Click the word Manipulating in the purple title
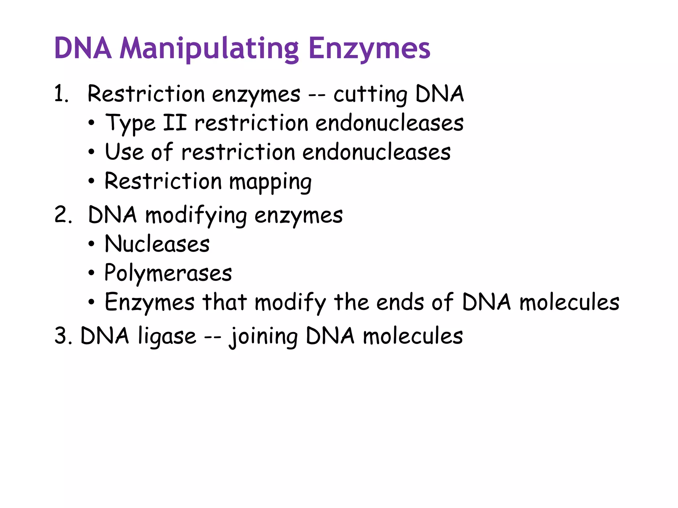coord(209,49)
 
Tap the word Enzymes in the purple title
coord(369,49)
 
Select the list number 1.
coord(61,94)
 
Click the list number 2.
coord(63,215)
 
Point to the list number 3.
coord(63,336)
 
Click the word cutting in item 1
coord(370,94)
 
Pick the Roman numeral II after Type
coord(175,123)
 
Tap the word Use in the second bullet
coord(124,152)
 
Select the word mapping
coord(270,182)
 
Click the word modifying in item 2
coord(196,216)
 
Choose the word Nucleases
coord(157,244)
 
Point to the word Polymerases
coord(168,274)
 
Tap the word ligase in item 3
coord(167,337)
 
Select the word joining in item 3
coord(264,337)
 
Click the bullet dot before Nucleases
coord(91,244)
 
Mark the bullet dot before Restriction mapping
coord(91,181)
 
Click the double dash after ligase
coord(212,337)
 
